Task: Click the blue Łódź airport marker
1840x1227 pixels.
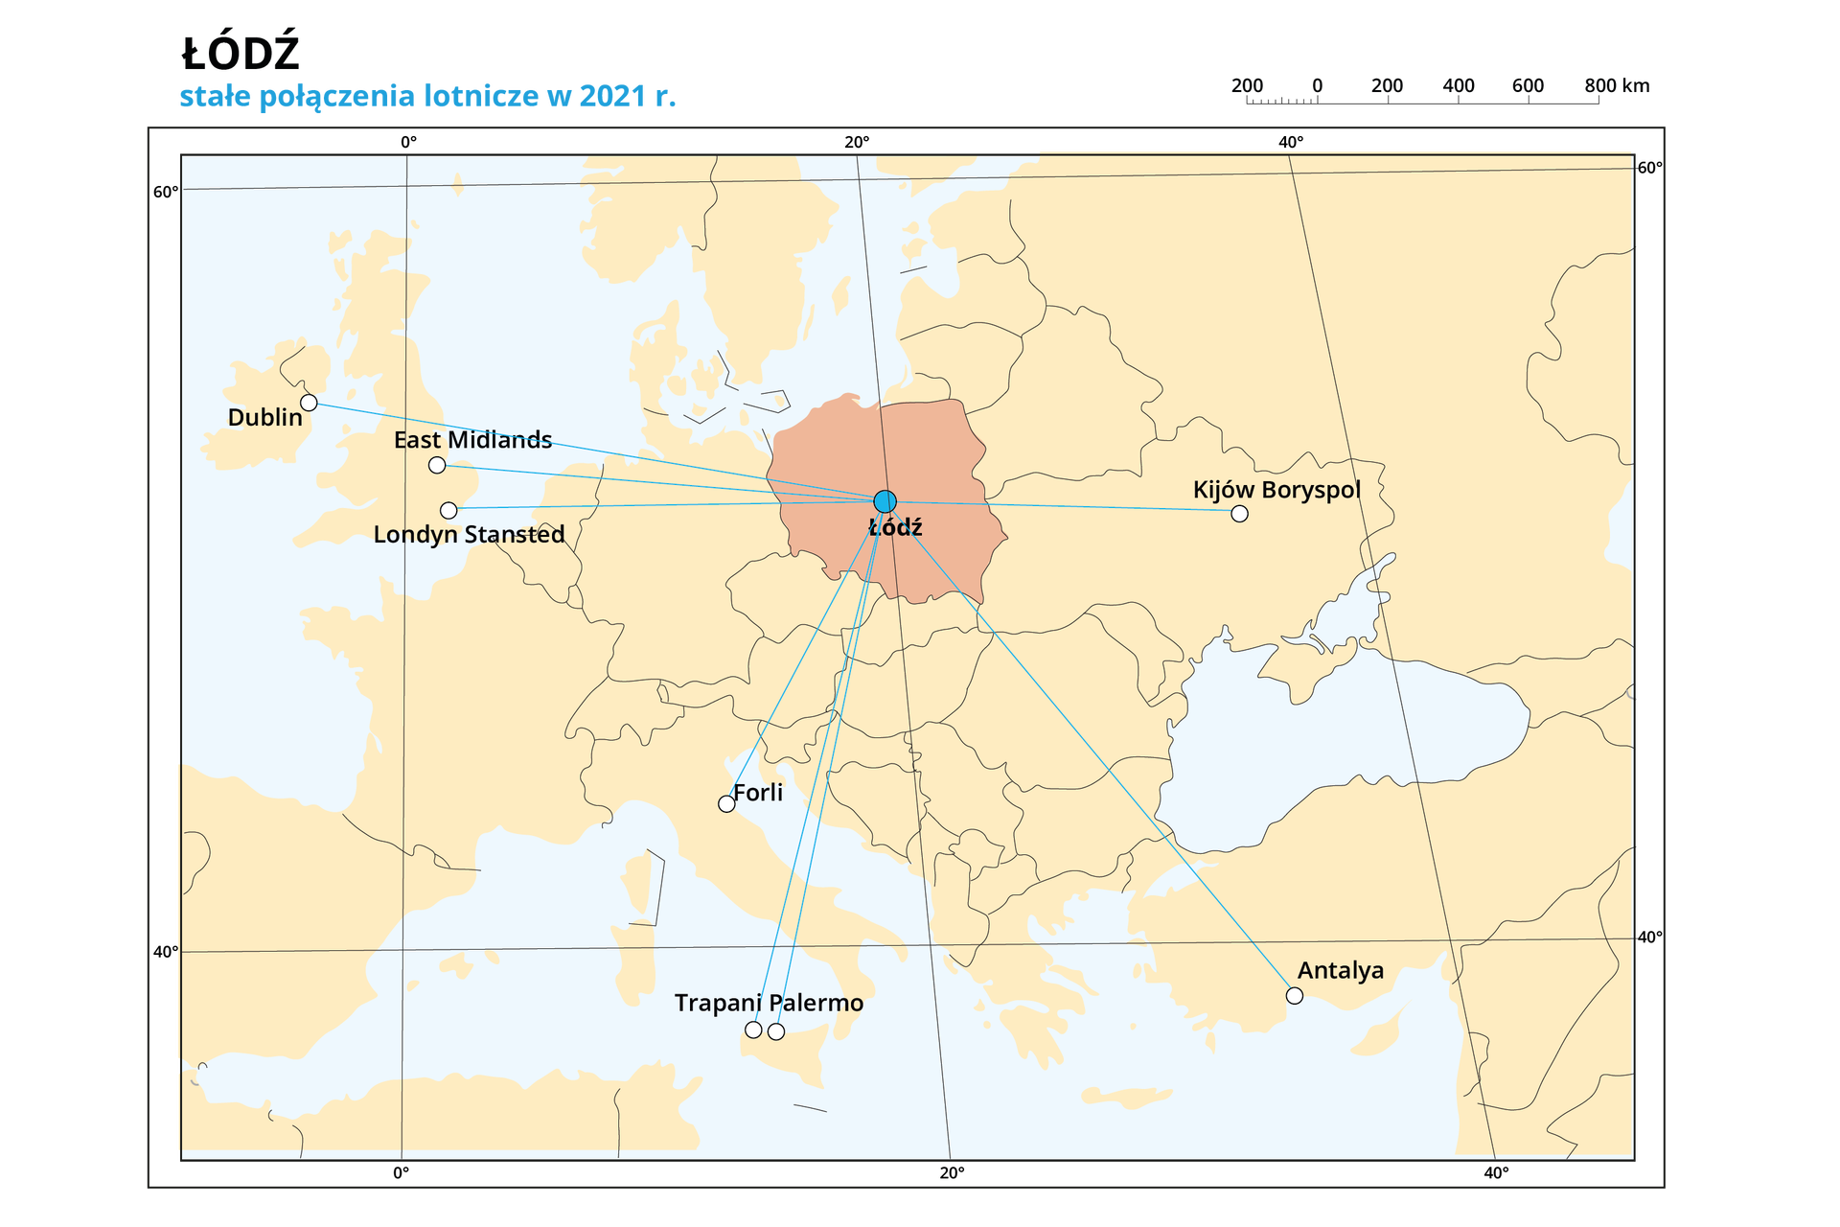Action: coord(885,501)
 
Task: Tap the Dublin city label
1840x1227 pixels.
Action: coord(264,418)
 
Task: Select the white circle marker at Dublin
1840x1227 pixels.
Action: coord(309,403)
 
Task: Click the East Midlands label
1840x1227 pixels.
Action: coord(472,440)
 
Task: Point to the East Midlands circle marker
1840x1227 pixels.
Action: coord(437,465)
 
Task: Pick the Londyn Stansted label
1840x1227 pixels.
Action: coord(469,534)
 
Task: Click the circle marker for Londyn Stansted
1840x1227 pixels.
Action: coord(448,510)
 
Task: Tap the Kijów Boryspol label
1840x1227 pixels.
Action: coord(1276,490)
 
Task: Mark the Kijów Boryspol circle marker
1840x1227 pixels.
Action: coord(1239,514)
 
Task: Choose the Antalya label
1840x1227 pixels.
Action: coord(1340,970)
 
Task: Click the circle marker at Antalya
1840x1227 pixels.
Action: coord(1295,996)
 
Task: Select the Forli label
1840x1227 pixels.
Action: coord(758,793)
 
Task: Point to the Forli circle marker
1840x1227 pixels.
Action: coord(726,804)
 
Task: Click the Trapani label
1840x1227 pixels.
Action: coord(718,1003)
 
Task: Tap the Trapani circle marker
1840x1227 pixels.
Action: coord(753,1030)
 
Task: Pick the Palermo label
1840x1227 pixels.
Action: coord(816,1003)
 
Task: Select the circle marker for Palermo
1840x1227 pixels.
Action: coord(776,1031)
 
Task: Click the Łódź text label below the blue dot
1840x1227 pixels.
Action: coord(895,527)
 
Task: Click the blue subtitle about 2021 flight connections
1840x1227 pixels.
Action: coord(427,96)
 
